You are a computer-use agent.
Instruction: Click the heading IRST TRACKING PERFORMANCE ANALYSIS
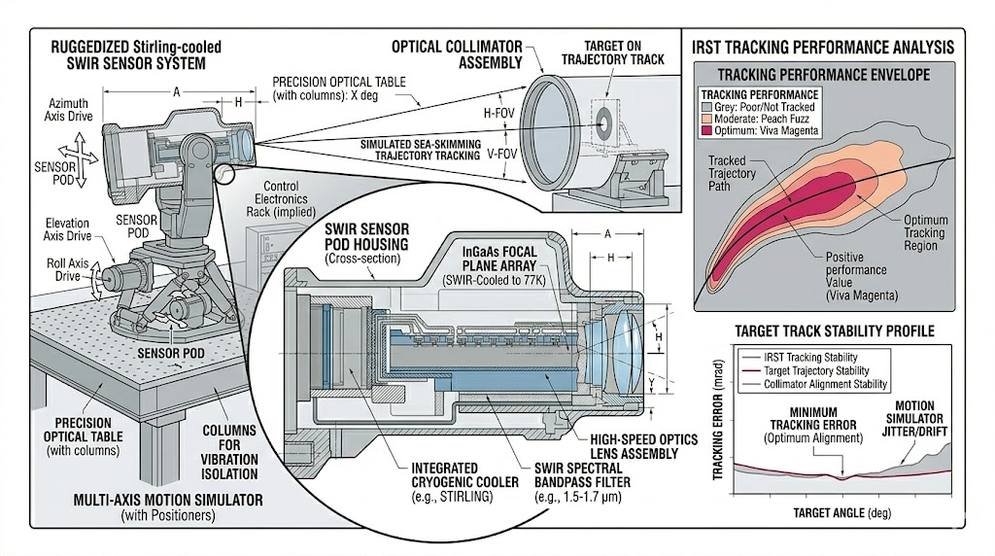(821, 46)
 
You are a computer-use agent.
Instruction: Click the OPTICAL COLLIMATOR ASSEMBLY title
(457, 53)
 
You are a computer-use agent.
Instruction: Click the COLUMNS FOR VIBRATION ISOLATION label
(229, 451)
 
